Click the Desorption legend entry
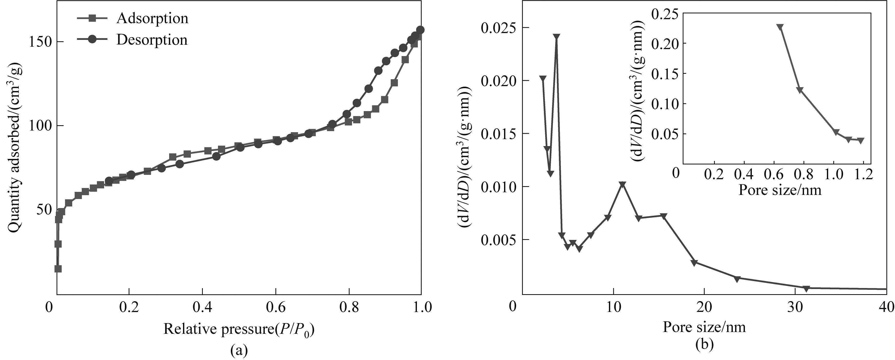[x=151, y=40]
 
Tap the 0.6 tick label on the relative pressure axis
[x=276, y=307]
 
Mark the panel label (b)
[x=704, y=344]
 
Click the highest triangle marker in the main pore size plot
[x=556, y=37]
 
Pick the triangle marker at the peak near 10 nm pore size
[x=622, y=184]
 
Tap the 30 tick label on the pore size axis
[x=795, y=307]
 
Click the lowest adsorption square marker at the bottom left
[x=58, y=269]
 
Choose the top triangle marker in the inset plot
[x=780, y=27]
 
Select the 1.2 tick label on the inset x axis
[x=863, y=174]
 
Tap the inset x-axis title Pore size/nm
[x=780, y=190]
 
